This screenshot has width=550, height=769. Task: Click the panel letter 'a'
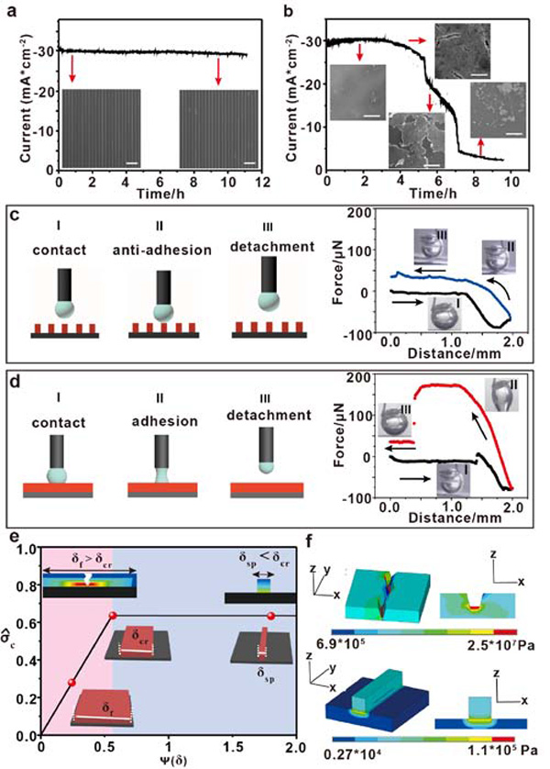(12, 12)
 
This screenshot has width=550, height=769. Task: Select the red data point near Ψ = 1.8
(270, 615)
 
